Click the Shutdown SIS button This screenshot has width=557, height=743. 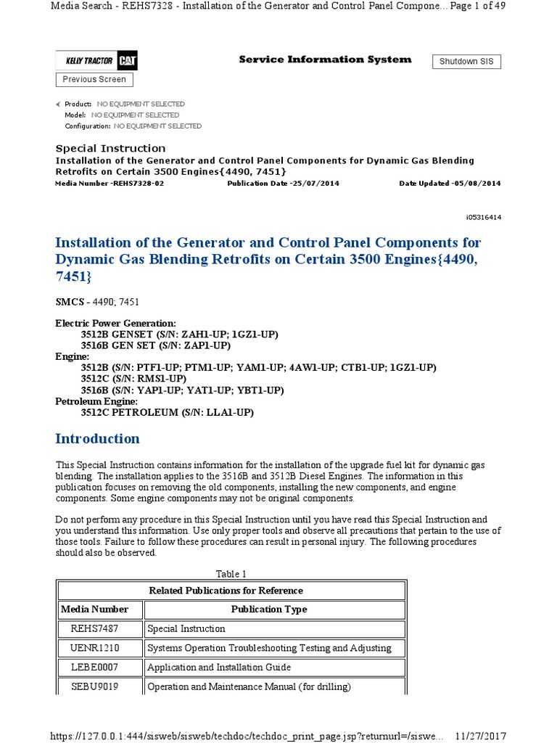coord(466,62)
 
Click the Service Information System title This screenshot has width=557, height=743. coord(325,59)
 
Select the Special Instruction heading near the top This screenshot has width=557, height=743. coord(110,149)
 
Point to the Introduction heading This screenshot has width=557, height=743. coord(97,439)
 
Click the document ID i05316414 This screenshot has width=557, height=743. coord(483,217)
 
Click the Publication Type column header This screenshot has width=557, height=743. coord(269,609)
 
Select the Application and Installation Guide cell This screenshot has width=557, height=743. coord(219,668)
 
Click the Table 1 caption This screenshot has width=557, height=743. coord(231,575)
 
